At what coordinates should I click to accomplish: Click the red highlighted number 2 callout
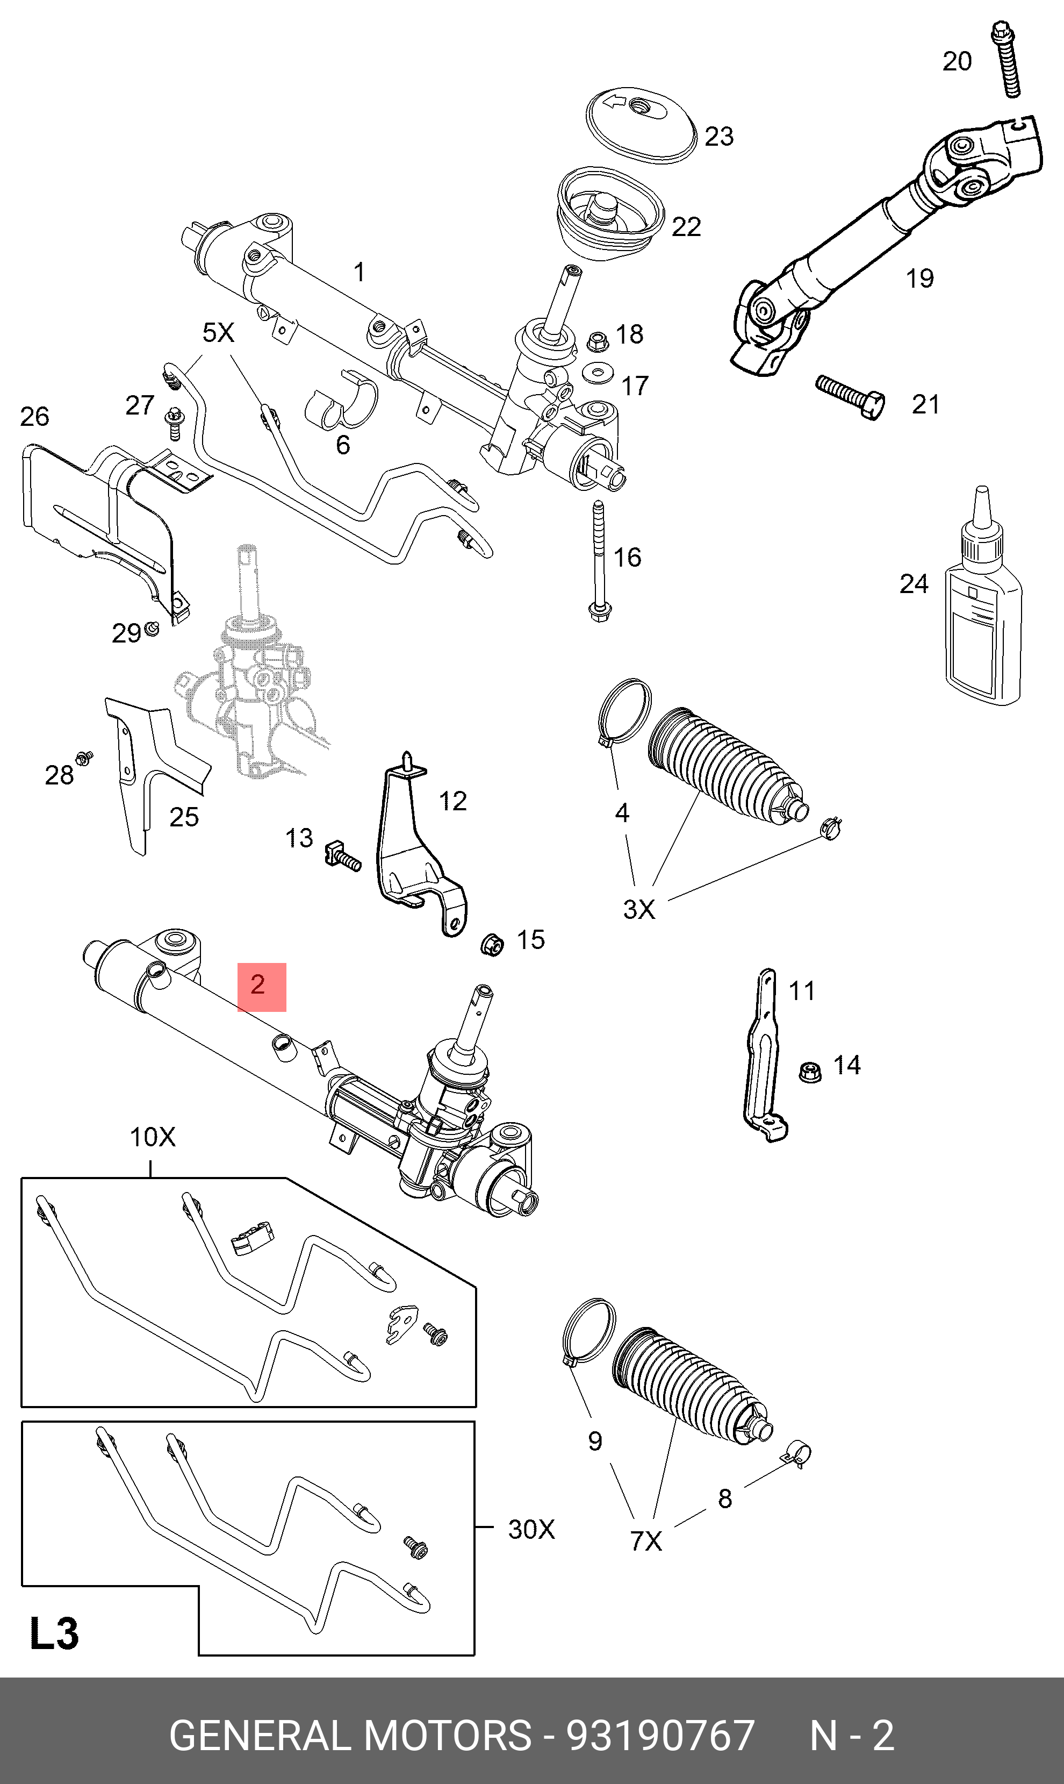coord(262,986)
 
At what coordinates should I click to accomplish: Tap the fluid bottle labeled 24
coord(982,624)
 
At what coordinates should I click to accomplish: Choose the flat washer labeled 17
coord(597,373)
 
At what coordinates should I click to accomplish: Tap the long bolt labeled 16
coord(599,560)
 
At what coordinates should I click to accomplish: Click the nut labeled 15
coord(492,944)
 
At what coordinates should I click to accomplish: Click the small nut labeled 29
coord(152,629)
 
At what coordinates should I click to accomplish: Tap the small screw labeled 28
coord(84,757)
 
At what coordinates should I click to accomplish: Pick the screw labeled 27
coord(174,423)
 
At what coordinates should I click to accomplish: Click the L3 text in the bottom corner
coord(54,1633)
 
